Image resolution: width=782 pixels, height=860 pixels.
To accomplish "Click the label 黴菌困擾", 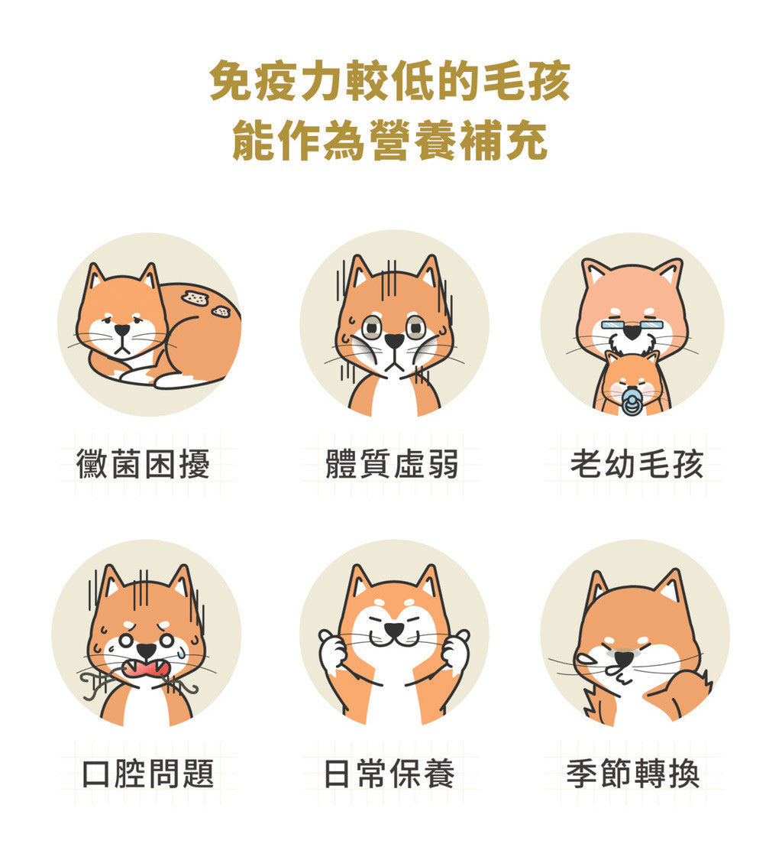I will (x=143, y=464).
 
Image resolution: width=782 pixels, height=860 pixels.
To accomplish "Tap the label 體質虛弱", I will (x=391, y=464).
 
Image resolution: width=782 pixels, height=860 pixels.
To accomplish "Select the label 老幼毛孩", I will (x=636, y=464).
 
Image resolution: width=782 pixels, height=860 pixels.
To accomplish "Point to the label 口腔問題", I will (x=148, y=774).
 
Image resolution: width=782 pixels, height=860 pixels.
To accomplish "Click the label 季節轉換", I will (x=632, y=774).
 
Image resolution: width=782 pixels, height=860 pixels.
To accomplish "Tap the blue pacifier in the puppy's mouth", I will (x=632, y=401).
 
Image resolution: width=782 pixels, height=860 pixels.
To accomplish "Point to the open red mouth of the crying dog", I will (x=146, y=667).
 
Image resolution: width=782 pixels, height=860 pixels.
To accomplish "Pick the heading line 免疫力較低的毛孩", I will (x=390, y=82).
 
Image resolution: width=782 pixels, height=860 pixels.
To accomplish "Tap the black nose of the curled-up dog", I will (x=122, y=330).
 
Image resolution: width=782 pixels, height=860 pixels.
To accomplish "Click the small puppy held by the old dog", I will (x=632, y=382).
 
